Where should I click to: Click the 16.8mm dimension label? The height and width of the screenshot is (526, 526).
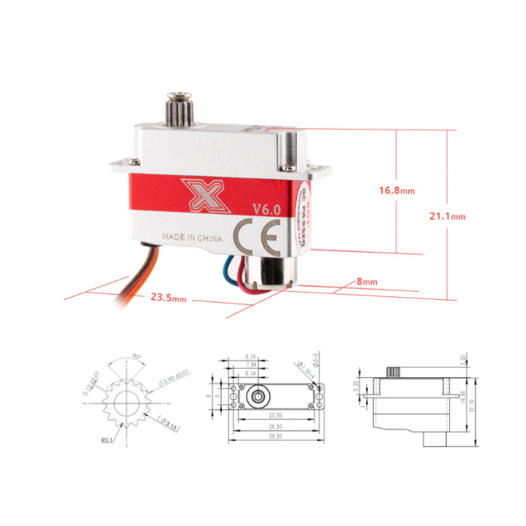[x=396, y=191]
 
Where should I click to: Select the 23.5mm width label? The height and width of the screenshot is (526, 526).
[x=168, y=297]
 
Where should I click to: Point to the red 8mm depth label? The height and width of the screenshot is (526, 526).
[x=367, y=281]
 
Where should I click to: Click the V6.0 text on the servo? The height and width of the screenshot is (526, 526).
[x=267, y=210]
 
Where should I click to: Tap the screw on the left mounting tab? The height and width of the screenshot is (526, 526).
[x=133, y=162]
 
